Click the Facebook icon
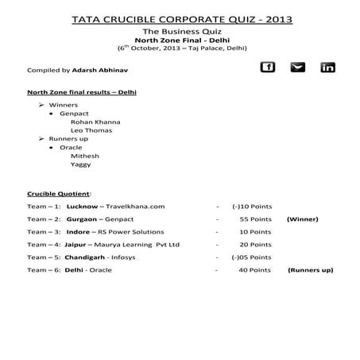pyautogui.click(x=268, y=68)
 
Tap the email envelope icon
pyautogui.click(x=298, y=68)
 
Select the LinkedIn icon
pyautogui.click(x=327, y=68)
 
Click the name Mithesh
pyautogui.click(x=85, y=156)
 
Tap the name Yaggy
pyautogui.click(x=82, y=165)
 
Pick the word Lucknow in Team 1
pyautogui.click(x=83, y=207)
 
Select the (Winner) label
pyautogui.click(x=302, y=219)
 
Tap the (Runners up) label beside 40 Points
pyautogui.click(x=310, y=270)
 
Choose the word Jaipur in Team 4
pyautogui.click(x=78, y=245)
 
